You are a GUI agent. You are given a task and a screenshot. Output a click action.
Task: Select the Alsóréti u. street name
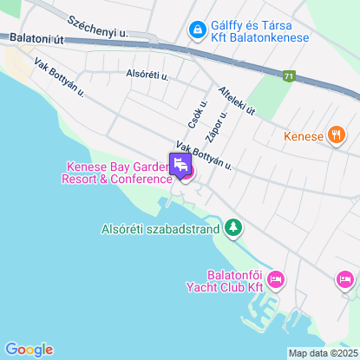click(x=147, y=75)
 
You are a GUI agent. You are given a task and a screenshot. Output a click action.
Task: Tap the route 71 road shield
click(x=288, y=76)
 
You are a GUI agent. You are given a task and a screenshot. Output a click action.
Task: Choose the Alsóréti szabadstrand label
click(x=159, y=230)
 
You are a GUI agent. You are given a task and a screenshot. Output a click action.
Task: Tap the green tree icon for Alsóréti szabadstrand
click(x=232, y=229)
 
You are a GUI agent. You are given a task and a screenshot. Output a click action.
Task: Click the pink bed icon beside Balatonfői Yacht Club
click(x=276, y=279)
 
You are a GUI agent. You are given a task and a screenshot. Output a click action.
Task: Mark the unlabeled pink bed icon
click(x=345, y=280)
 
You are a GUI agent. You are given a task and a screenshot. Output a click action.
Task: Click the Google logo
click(x=29, y=349)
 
